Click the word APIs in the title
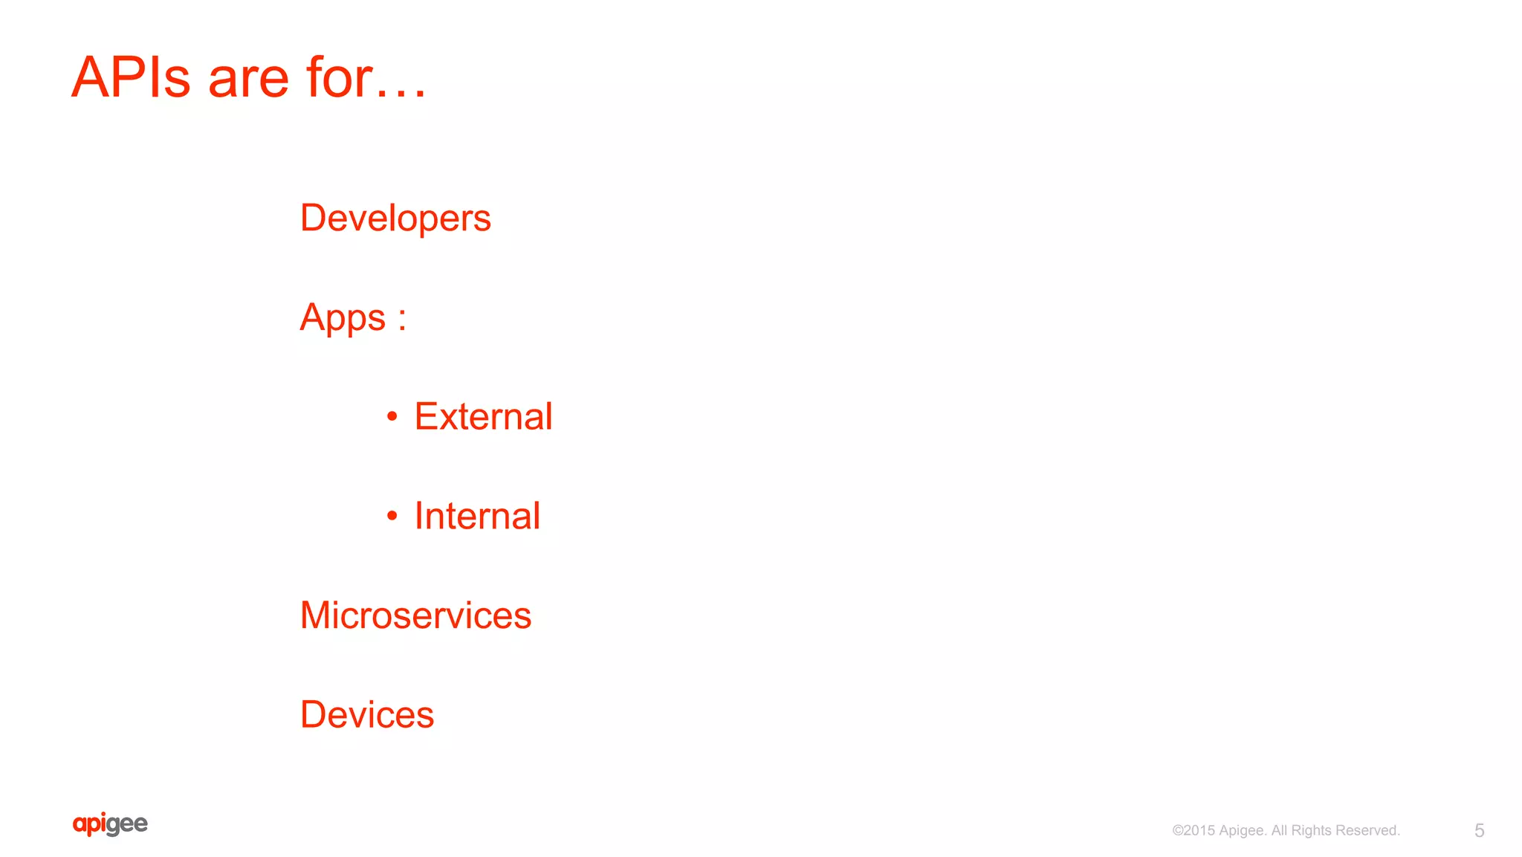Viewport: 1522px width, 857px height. click(x=131, y=77)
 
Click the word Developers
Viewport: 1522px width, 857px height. click(x=395, y=219)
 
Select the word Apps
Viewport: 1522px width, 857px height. click(x=343, y=318)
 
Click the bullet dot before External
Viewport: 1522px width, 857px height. click(x=392, y=417)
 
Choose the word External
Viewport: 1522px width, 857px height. click(x=483, y=416)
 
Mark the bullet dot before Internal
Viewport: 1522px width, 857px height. click(x=392, y=516)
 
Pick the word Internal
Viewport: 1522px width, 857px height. click(x=477, y=516)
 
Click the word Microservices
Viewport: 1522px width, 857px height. click(x=415, y=615)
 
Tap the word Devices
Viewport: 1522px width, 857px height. click(x=367, y=715)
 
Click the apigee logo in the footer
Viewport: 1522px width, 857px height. click(x=110, y=824)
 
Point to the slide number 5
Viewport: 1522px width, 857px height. click(x=1479, y=830)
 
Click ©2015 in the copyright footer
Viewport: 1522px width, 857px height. click(x=1194, y=830)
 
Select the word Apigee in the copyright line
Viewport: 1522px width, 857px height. click(x=1242, y=831)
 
